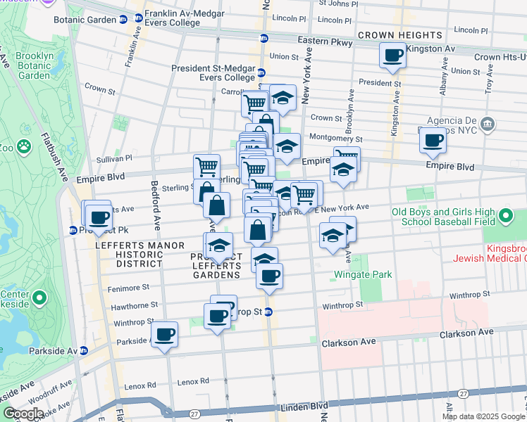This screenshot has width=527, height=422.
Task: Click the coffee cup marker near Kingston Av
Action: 392,55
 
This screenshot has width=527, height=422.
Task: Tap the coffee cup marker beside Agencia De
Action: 433,139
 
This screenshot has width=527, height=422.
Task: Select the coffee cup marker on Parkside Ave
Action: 164,334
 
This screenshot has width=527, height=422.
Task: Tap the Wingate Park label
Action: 363,274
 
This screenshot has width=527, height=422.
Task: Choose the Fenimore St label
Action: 128,288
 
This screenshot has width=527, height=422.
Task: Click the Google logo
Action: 23,414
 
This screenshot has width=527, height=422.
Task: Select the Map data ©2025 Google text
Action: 483,416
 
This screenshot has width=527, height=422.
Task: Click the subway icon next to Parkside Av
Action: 84,350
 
